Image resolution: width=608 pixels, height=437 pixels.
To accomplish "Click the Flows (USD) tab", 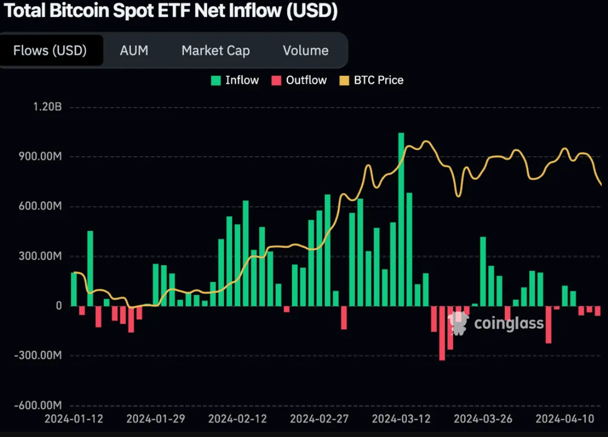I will click(50, 51).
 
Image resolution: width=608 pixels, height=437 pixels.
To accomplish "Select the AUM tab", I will click(134, 51).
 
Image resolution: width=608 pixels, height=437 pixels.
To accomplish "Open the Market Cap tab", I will click(215, 51).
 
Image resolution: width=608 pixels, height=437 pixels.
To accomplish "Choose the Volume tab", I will click(306, 51).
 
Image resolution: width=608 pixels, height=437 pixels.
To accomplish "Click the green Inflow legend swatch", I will click(215, 81).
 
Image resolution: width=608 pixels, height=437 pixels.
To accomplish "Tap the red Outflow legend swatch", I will click(276, 81).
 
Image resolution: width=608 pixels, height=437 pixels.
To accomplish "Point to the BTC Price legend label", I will click(379, 80).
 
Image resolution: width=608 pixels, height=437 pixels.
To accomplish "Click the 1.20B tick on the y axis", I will click(47, 107).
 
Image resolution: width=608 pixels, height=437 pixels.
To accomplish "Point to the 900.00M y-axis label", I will click(40, 157).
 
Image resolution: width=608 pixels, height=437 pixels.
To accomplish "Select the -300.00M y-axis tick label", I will click(38, 356).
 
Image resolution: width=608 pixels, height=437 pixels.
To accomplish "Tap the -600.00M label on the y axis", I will click(38, 406).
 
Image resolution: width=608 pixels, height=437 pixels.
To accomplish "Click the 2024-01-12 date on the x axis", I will click(74, 419).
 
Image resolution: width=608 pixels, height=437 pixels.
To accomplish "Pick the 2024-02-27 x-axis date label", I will click(319, 419).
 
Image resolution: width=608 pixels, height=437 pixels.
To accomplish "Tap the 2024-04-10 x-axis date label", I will click(565, 419).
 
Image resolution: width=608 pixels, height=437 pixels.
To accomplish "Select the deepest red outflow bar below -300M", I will click(442, 333).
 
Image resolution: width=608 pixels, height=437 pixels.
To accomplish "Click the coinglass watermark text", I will click(508, 323).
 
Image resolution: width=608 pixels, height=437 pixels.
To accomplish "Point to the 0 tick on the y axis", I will click(59, 306).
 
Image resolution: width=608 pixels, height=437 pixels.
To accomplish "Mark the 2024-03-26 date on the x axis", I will click(483, 419).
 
